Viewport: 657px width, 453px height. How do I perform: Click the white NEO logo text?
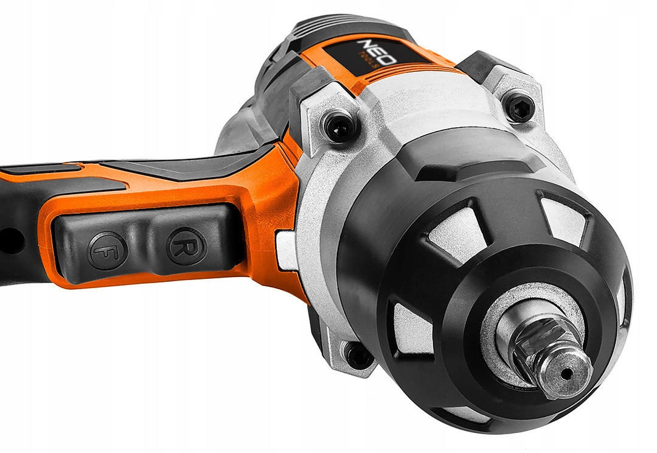(x=369, y=51)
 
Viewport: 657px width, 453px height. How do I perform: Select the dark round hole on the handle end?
(x=7, y=239)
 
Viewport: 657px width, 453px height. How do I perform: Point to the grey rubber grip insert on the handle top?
(x=182, y=164)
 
